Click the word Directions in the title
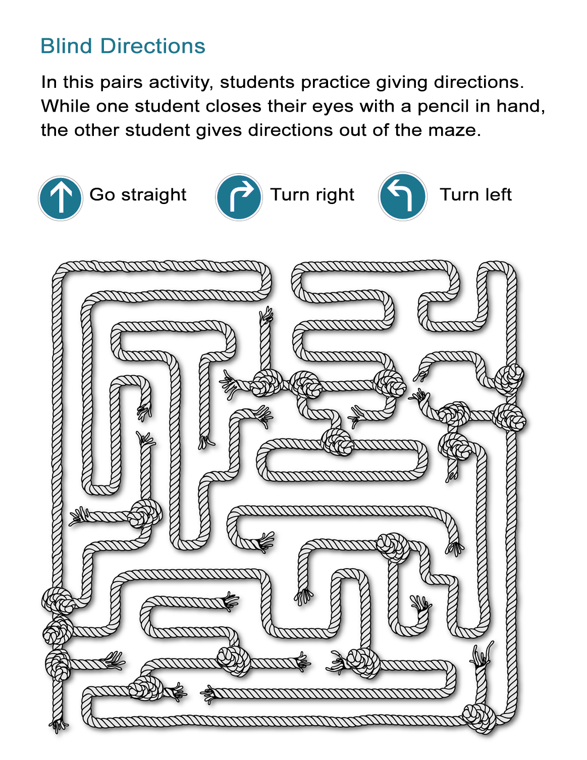coord(152,46)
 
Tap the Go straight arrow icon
coord(61,198)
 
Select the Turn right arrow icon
coord(239,197)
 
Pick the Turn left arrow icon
coord(402,196)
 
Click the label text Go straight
coord(138,195)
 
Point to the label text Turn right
coord(312,195)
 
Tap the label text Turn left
coord(475,195)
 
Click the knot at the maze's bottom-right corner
coord(479,717)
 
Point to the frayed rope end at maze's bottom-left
coord(59,725)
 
